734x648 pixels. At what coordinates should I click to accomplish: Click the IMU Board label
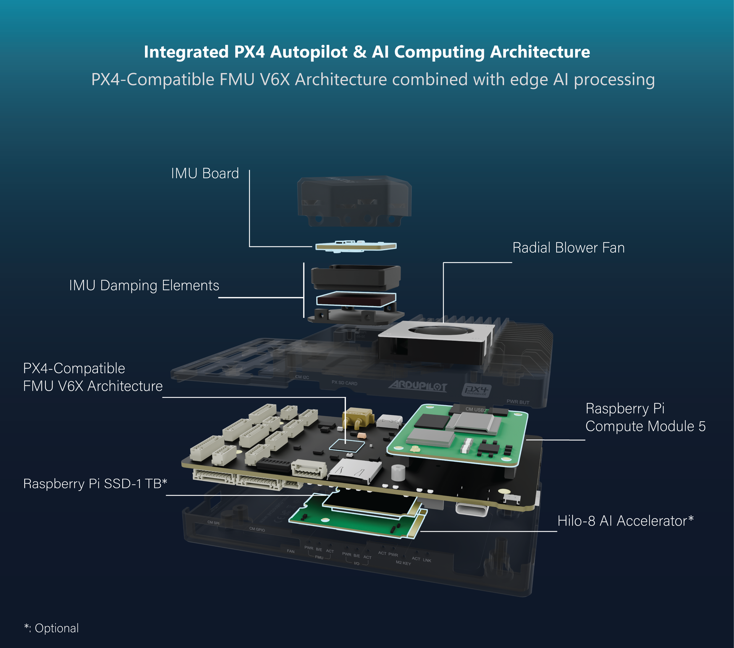click(205, 173)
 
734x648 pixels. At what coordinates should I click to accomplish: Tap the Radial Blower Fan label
click(568, 248)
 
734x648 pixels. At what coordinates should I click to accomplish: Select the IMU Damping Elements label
click(144, 285)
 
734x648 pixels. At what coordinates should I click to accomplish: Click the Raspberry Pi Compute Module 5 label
click(645, 417)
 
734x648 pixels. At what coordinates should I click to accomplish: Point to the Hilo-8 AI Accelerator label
click(625, 521)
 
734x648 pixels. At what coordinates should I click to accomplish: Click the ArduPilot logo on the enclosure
click(418, 386)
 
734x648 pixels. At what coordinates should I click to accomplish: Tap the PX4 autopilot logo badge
click(476, 390)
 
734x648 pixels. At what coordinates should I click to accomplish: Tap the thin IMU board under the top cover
click(356, 246)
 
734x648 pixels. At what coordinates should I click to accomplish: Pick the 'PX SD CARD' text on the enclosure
click(344, 383)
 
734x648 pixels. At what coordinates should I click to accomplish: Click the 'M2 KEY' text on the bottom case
click(403, 563)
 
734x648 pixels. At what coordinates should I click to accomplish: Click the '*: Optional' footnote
click(51, 628)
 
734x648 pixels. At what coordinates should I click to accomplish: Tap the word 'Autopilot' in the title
click(309, 52)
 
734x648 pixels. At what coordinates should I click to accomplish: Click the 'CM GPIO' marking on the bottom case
click(257, 529)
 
